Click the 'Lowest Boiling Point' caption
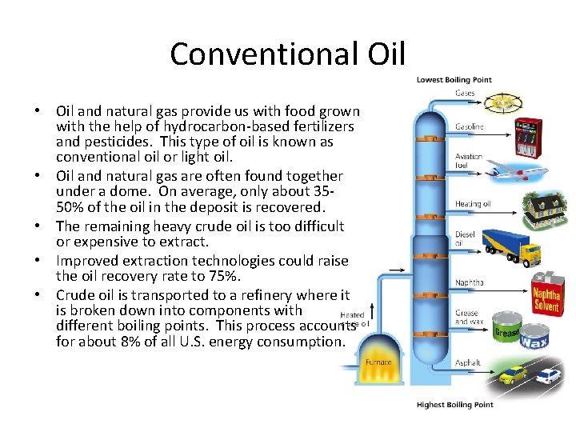tap(454, 80)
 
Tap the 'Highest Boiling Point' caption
tap(454, 405)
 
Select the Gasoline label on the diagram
tap(469, 127)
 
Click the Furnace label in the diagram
tap(378, 362)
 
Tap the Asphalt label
tap(468, 362)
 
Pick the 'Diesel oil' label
tap(466, 239)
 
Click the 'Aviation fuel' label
tap(468, 162)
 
